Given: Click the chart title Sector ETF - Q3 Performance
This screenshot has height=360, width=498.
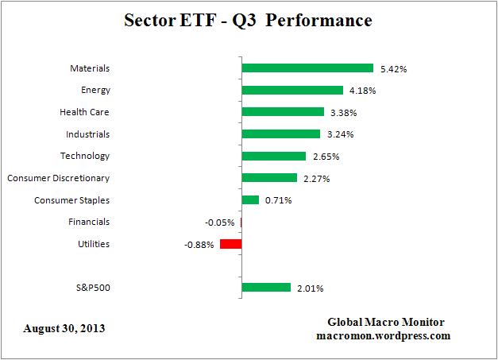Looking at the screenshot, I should point(249,20).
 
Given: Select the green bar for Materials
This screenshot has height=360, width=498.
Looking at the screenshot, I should point(307,68).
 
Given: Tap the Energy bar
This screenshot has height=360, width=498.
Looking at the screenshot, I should point(292,90).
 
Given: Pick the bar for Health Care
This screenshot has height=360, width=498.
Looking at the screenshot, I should point(283,112).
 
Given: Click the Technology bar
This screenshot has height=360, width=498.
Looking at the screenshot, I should point(274,156).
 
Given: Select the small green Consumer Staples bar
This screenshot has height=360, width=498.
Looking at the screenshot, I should point(250,200).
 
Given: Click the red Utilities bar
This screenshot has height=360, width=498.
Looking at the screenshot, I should point(231,244).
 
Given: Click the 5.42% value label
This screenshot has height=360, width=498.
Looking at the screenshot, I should point(392,69).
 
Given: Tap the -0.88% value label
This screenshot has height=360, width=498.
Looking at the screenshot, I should point(199,245).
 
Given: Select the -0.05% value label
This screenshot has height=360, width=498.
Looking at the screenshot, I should point(220,223).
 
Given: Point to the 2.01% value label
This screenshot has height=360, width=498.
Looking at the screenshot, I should point(311,288).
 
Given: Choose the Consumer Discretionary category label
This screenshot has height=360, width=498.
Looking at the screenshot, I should point(58,178).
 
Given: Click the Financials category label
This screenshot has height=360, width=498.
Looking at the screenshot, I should point(89,222).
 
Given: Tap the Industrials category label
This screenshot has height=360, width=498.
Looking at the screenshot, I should point(87,134).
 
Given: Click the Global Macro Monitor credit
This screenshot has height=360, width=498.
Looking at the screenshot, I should point(386,322).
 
